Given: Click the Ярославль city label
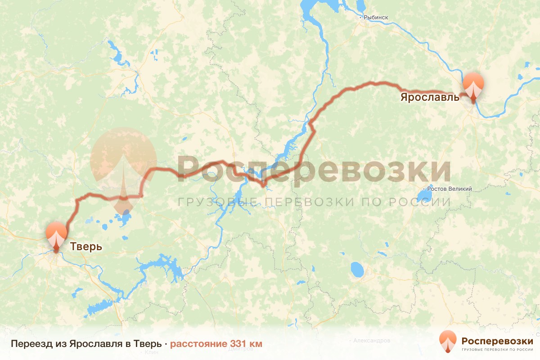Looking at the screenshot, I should tap(429, 97).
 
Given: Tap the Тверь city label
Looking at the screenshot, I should tap(85, 247).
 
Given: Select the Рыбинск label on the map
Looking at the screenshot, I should tap(376, 18).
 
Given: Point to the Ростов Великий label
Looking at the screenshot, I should tap(450, 189).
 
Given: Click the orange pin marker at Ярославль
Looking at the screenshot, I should tap(473, 87).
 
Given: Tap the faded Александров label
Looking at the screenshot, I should tap(372, 341).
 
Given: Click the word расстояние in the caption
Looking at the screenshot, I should tap(198, 344).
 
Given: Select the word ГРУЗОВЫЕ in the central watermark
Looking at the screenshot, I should tap(207, 202).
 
